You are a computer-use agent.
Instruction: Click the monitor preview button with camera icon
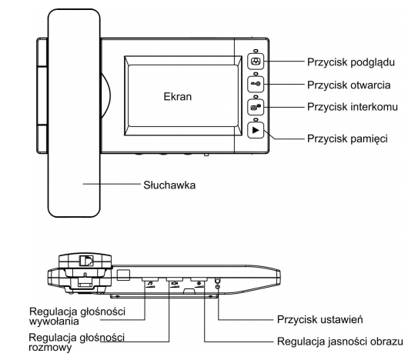click(x=256, y=62)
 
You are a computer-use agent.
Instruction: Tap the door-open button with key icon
click(x=256, y=84)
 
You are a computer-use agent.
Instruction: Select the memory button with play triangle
click(x=256, y=130)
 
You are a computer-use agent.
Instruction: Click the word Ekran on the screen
click(x=178, y=96)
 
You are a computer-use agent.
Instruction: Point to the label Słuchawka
click(x=169, y=185)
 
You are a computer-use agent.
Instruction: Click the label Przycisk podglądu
click(x=351, y=62)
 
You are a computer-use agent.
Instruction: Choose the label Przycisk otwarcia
click(x=349, y=85)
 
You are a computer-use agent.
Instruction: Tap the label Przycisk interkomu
click(x=353, y=107)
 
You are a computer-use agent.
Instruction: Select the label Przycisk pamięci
click(x=347, y=138)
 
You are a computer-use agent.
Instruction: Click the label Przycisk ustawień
click(x=320, y=319)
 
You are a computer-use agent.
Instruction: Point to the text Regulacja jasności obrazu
click(x=340, y=342)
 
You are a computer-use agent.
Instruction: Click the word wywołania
click(x=54, y=321)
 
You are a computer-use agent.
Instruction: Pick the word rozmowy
click(x=50, y=347)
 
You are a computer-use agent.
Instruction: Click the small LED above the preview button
click(x=256, y=50)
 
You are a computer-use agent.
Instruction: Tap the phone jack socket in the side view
click(x=86, y=261)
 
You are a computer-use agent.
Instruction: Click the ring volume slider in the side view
click(x=150, y=279)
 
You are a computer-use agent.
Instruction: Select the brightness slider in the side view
click(x=199, y=279)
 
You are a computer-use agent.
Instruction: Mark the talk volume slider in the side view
click(x=175, y=279)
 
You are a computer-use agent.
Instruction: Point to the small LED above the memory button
click(x=256, y=119)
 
